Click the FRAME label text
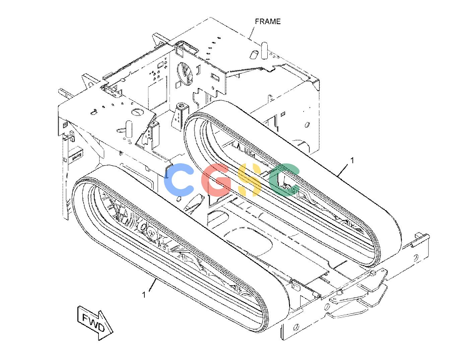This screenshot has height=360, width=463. pyautogui.click(x=268, y=21)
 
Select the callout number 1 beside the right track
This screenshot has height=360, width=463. pyautogui.click(x=352, y=160)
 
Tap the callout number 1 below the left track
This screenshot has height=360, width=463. pyautogui.click(x=144, y=295)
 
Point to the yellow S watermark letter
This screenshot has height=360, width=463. pyautogui.click(x=249, y=180)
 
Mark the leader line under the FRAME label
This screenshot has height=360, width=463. pyautogui.click(x=252, y=33)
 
